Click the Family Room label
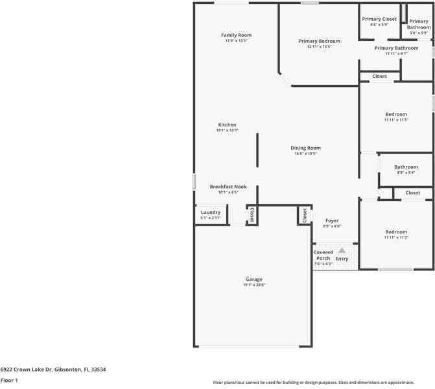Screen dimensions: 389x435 [x=236, y=35]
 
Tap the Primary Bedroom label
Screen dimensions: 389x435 [x=319, y=41]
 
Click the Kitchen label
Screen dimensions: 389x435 [x=227, y=124]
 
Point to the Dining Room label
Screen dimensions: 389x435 [x=305, y=148]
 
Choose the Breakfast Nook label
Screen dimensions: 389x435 [x=228, y=187]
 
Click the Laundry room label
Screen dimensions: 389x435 [x=211, y=212]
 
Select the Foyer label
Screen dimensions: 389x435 [x=332, y=220]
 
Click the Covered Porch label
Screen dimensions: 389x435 [x=323, y=255]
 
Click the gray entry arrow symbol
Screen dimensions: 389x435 [x=342, y=250]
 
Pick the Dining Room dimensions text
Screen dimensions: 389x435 [x=305, y=154]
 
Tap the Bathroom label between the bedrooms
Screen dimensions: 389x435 [x=406, y=167]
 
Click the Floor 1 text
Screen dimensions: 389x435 [x=9, y=381]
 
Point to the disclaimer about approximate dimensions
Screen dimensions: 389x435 [x=323, y=383]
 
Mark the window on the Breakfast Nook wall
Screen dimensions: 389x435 [x=194, y=182]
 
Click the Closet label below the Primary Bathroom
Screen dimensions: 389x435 [x=379, y=77]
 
